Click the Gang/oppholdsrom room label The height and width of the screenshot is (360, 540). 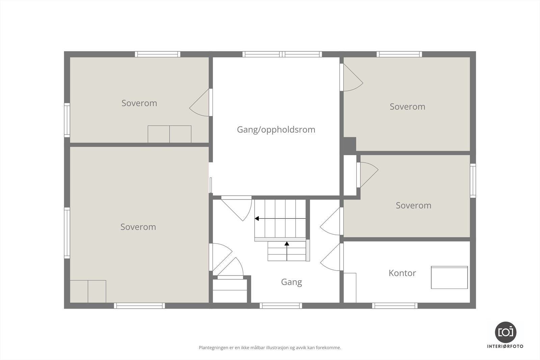[x=276, y=130]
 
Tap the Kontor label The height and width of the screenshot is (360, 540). [x=402, y=273]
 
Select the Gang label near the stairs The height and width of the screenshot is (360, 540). [x=291, y=282]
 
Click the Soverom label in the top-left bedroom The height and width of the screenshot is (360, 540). [x=139, y=103]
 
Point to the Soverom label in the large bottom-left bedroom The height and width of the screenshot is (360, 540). [x=138, y=227]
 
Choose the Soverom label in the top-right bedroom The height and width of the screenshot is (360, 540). [x=407, y=107]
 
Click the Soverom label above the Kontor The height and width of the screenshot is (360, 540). [x=413, y=205]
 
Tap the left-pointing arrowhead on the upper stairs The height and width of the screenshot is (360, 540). [x=257, y=219]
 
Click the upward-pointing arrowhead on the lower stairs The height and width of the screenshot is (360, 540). [x=287, y=243]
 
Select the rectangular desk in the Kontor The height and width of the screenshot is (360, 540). [x=449, y=277]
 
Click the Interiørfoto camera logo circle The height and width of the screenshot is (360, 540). [x=505, y=332]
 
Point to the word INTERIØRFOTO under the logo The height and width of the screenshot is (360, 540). [x=505, y=347]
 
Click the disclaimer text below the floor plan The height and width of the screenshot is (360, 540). [x=270, y=348]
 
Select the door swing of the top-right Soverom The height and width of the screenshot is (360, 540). [x=352, y=78]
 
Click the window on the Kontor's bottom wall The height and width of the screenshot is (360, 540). [x=395, y=306]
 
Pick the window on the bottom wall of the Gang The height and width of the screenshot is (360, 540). [x=281, y=306]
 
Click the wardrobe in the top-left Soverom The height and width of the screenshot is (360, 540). [x=169, y=134]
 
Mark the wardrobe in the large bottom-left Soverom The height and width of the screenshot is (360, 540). [x=88, y=291]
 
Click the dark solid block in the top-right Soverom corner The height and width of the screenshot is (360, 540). [x=350, y=144]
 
